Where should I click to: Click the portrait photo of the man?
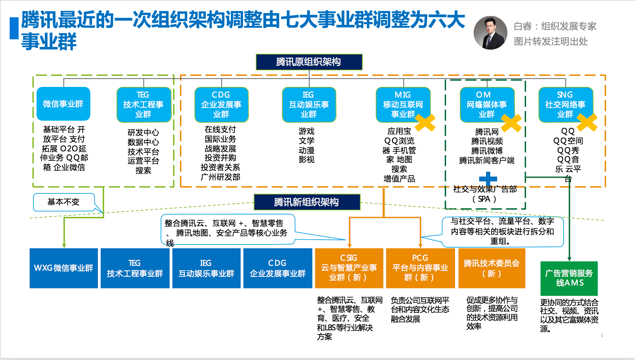tap(490, 33)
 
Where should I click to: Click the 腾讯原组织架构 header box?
tap(309, 62)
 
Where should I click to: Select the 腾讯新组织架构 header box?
tap(307, 202)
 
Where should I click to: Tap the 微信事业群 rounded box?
tap(63, 104)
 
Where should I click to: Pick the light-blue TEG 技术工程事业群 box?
tap(144, 104)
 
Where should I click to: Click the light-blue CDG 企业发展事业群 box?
tap(221, 104)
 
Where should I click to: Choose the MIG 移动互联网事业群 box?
tap(403, 104)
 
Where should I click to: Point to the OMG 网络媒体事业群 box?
tap(487, 104)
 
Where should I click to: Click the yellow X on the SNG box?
tap(587, 122)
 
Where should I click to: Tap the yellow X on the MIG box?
tap(425, 122)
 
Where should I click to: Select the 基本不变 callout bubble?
tap(64, 202)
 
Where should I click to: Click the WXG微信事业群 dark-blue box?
tap(64, 268)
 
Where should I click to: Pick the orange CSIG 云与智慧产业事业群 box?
tap(349, 268)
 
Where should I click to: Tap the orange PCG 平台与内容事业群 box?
tap(420, 268)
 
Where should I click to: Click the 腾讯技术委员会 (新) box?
tap(492, 268)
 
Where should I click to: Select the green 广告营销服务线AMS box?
tap(569, 278)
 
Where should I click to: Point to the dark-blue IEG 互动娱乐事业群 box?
tap(206, 268)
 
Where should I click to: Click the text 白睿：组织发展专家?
tap(555, 26)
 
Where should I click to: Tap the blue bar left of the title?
tap(14, 28)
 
